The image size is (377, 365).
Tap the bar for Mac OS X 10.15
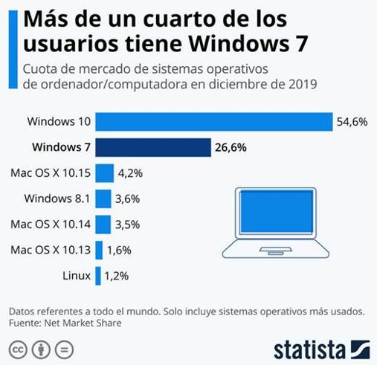pyautogui.click(x=104, y=173)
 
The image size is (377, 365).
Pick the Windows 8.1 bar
pyautogui.click(x=103, y=198)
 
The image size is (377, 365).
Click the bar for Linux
pyautogui.click(x=97, y=276)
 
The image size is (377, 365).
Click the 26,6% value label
pyautogui.click(x=231, y=147)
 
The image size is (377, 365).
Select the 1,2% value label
pyautogui.click(x=116, y=276)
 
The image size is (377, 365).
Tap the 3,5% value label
pyautogui.click(x=128, y=224)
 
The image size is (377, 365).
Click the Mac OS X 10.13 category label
pyautogui.click(x=49, y=250)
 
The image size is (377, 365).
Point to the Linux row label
pyautogui.click(x=77, y=276)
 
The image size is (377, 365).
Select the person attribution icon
pyautogui.click(x=41, y=349)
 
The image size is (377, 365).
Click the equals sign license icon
pyautogui.click(x=64, y=349)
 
